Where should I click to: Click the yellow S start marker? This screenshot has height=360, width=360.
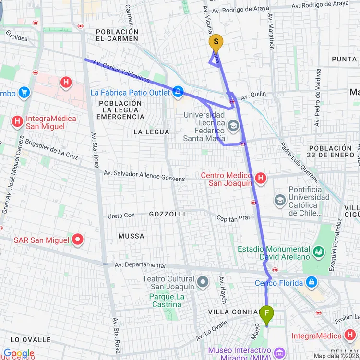pos(216,42)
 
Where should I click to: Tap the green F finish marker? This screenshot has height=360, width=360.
pos(267,314)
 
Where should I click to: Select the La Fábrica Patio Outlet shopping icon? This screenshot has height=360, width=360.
pos(178,92)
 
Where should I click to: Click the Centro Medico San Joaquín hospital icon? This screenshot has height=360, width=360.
pos(261,179)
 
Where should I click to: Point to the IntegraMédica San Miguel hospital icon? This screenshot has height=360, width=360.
pos(18,121)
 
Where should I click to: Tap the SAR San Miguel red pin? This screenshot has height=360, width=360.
pos(78,239)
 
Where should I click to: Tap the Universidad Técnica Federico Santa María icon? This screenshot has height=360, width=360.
pos(234,126)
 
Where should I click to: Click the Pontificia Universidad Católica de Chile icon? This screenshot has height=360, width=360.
pos(280,200)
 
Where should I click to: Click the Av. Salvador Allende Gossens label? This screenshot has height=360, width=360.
pos(144,176)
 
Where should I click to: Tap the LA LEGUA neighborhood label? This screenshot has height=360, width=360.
pos(151,132)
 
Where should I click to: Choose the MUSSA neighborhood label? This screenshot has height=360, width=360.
pos(131,236)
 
